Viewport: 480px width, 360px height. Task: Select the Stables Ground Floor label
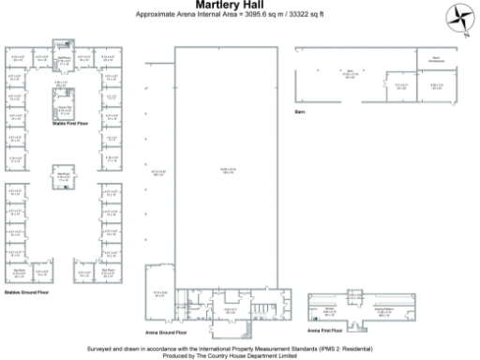point(25,292)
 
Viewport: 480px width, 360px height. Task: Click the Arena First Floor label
point(327,330)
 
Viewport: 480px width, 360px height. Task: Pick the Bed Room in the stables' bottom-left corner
point(19,272)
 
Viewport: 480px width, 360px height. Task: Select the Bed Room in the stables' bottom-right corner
point(109,272)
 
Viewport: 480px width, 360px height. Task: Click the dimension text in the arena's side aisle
point(157,172)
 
